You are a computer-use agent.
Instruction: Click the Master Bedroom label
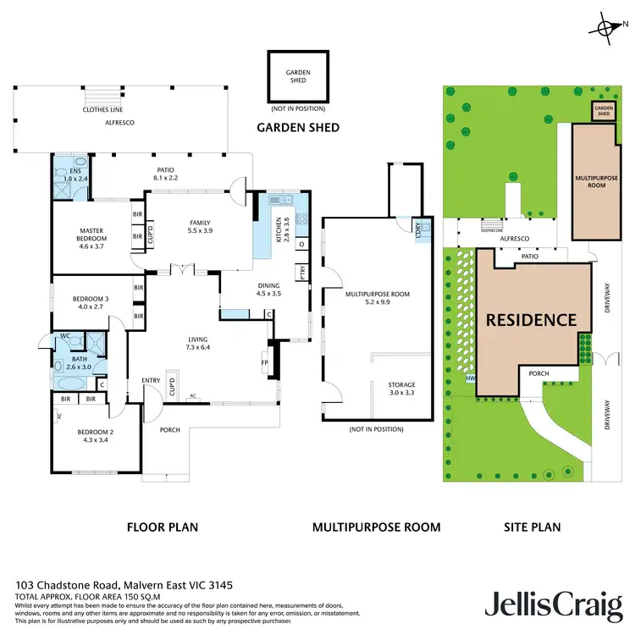pos(92,235)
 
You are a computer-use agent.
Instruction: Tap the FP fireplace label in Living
pos(263,362)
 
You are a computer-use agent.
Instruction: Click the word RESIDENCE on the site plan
pos(530,320)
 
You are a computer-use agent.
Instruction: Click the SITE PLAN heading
pos(532,527)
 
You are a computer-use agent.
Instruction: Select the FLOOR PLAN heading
pos(163,527)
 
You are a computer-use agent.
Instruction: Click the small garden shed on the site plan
pos(603,110)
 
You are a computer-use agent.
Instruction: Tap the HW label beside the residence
pos(471,378)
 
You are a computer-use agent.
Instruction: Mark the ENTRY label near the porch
pos(152,380)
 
